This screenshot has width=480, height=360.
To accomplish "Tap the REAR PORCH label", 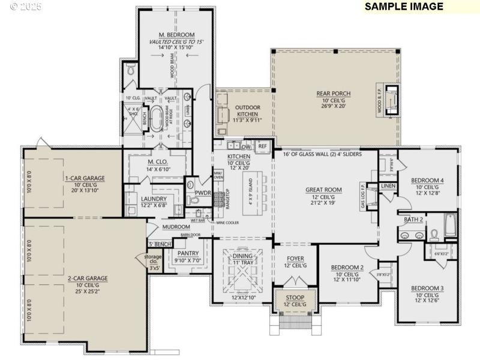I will point(334,93).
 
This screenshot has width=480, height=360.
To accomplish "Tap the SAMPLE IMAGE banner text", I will point(404,7).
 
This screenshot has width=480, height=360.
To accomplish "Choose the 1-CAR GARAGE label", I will point(85,178).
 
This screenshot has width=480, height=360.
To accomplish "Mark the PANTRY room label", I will point(188,253).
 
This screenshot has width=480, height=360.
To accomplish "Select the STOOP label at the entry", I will point(295,298).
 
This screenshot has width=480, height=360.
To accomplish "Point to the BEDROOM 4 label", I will point(427,180).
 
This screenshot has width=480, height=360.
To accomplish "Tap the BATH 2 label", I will point(413,220).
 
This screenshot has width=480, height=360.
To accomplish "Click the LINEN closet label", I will point(388,186).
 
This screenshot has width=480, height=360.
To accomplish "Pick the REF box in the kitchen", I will point(262,146).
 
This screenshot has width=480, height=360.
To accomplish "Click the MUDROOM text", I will point(176,227).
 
